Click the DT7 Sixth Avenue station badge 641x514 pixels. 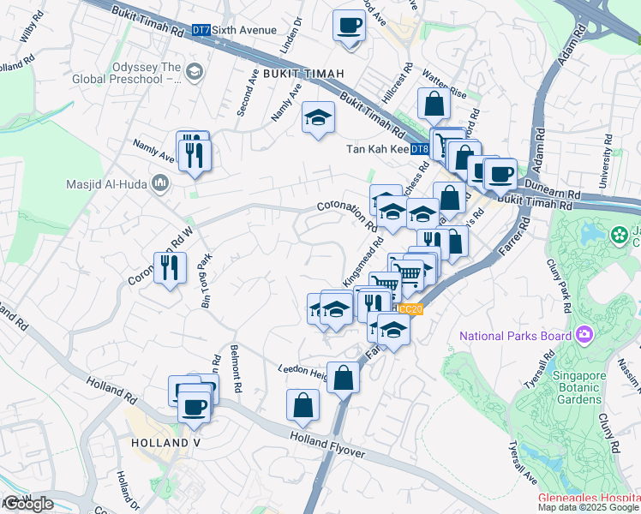[x=201, y=30]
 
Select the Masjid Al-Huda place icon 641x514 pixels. [x=159, y=183]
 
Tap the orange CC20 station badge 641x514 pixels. [x=411, y=309]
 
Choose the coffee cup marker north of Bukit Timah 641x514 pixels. [x=349, y=26]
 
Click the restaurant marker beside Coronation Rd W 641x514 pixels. [x=169, y=268]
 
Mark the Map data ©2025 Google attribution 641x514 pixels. [x=588, y=507]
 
